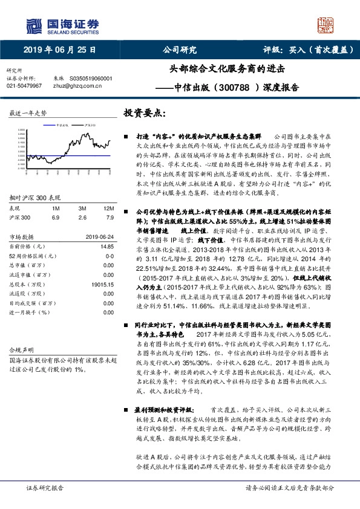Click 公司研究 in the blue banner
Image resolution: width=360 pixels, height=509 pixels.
coord(180,50)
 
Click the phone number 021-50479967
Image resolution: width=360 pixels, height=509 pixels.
coord(24,86)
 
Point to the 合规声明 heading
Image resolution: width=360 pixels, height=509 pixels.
coord(19,350)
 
